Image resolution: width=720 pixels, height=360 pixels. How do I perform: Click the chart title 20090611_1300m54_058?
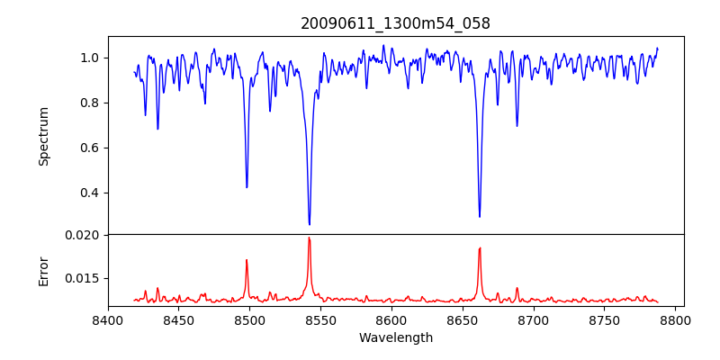pos(395,23)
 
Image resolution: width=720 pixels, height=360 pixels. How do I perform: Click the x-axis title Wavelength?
pos(395,338)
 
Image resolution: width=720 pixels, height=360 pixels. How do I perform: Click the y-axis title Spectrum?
pos(44,136)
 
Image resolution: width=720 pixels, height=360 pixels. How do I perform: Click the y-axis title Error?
pos(44,271)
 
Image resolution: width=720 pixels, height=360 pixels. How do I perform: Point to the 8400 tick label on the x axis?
pos(108,319)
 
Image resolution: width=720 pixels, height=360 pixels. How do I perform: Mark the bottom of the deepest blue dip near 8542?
pos(310,225)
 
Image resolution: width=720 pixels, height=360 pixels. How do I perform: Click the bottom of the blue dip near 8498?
pos(247,187)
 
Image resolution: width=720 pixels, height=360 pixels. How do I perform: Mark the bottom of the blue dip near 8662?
pos(480,217)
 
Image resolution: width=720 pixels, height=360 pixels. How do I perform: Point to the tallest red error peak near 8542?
pos(309,238)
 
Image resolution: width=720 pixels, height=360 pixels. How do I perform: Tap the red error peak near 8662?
pos(480,247)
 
